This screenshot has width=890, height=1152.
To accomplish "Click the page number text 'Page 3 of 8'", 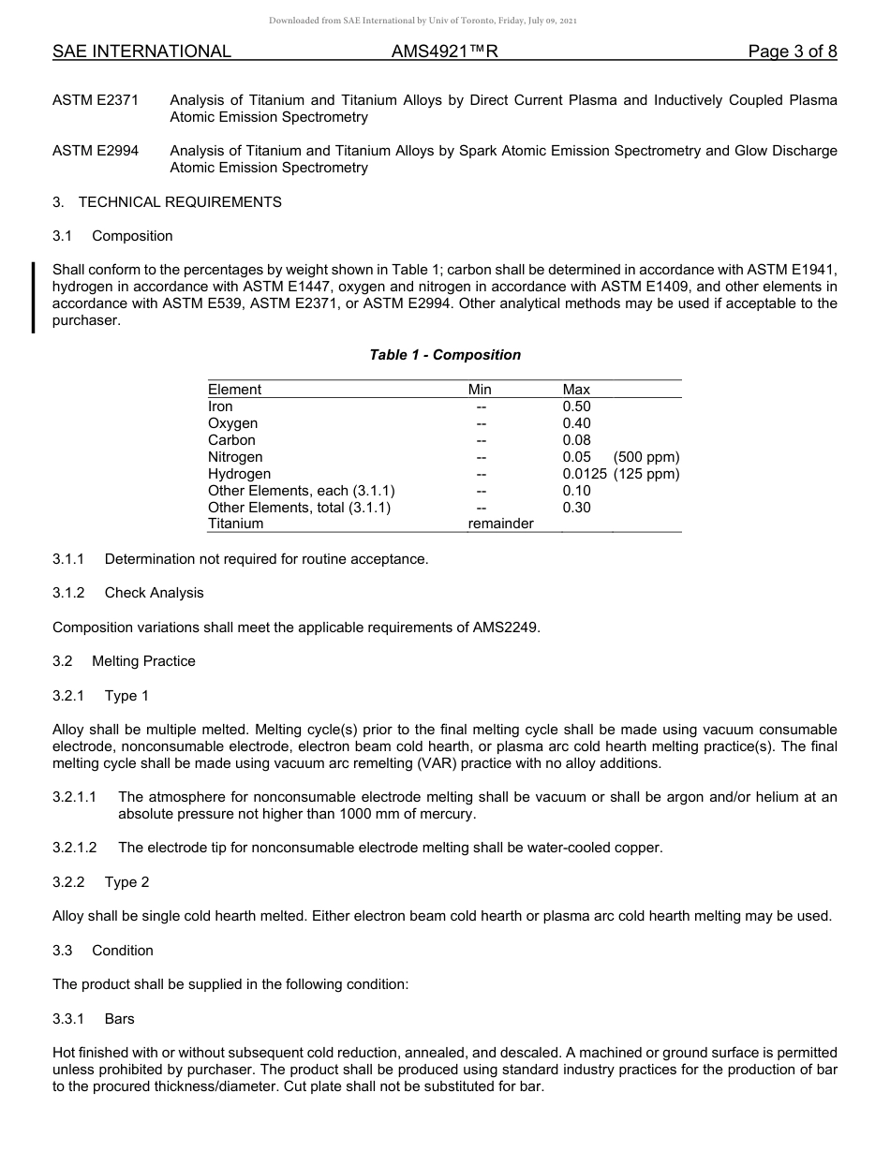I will pos(793,52).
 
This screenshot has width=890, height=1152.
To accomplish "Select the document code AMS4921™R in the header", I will pos(445,52).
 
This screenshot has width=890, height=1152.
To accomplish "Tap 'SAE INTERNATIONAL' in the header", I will pos(141,52).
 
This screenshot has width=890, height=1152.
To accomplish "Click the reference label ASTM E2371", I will pos(96,100).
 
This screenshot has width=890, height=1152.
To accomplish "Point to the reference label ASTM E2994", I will pos(96,151).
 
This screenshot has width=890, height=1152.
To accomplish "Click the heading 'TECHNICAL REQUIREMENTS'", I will pos(180,201).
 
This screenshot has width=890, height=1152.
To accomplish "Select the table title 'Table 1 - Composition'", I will pos(445,355).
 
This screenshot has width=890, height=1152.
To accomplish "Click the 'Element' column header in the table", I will pos(234,390).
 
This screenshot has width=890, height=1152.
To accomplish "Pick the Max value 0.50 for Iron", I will pos(576,406).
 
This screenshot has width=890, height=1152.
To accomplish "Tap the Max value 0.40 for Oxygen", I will pos(576,423).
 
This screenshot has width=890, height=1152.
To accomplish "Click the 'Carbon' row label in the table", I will pos(231,440).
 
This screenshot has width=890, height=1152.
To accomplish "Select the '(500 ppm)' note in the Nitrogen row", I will pos(646,457).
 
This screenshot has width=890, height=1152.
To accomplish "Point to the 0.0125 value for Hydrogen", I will pos(585,474).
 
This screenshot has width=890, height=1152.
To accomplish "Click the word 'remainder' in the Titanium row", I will pos(500,524).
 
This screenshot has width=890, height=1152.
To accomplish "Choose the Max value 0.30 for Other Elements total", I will pos(576,508).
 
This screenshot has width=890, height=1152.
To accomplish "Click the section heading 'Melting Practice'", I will pos(143,661).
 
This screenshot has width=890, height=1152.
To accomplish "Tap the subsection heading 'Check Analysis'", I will pos(154,593).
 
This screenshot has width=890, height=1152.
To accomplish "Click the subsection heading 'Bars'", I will pos(120,1018).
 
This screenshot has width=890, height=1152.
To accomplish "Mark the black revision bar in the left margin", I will pos(34,298).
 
